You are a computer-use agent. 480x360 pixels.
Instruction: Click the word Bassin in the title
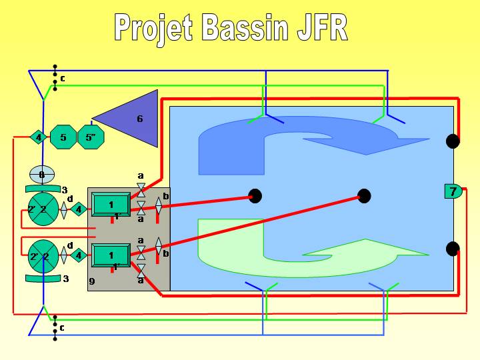(245, 27)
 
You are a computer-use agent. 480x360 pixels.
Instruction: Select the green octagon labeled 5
(63, 138)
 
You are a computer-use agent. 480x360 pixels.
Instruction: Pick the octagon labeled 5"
(91, 138)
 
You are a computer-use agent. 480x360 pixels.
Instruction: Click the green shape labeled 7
(453, 191)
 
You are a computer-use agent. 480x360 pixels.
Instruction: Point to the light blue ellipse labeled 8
(41, 175)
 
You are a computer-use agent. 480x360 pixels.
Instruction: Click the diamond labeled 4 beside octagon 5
(38, 138)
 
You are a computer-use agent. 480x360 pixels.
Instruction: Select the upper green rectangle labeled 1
(111, 204)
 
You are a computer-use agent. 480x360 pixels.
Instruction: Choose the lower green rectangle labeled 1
(111, 255)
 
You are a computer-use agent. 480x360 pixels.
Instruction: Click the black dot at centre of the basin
(364, 196)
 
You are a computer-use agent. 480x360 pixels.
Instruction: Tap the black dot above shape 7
(453, 141)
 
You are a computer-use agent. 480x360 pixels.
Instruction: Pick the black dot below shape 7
(453, 249)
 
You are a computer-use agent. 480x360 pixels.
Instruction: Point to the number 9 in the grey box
(92, 282)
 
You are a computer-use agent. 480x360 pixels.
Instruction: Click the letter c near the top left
(62, 79)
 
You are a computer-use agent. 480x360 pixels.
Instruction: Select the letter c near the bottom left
(62, 327)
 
